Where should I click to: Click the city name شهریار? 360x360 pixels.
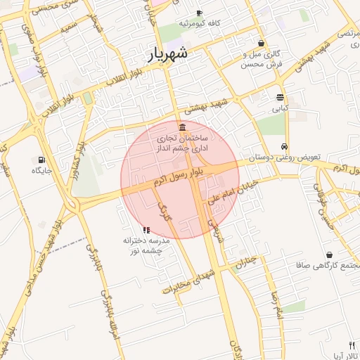(169, 53)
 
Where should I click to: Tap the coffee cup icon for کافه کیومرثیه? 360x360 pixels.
(199, 13)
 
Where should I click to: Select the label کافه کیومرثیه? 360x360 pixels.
(199, 23)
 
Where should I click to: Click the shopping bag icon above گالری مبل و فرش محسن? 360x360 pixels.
(262, 43)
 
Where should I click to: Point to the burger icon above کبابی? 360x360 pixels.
(281, 97)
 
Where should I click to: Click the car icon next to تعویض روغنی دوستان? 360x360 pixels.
(283, 146)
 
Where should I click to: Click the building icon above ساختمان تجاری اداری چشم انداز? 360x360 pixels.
(183, 127)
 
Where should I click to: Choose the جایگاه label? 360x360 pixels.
(41, 170)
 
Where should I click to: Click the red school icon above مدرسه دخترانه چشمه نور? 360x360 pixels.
(146, 230)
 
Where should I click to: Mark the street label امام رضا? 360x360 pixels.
(275, 304)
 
